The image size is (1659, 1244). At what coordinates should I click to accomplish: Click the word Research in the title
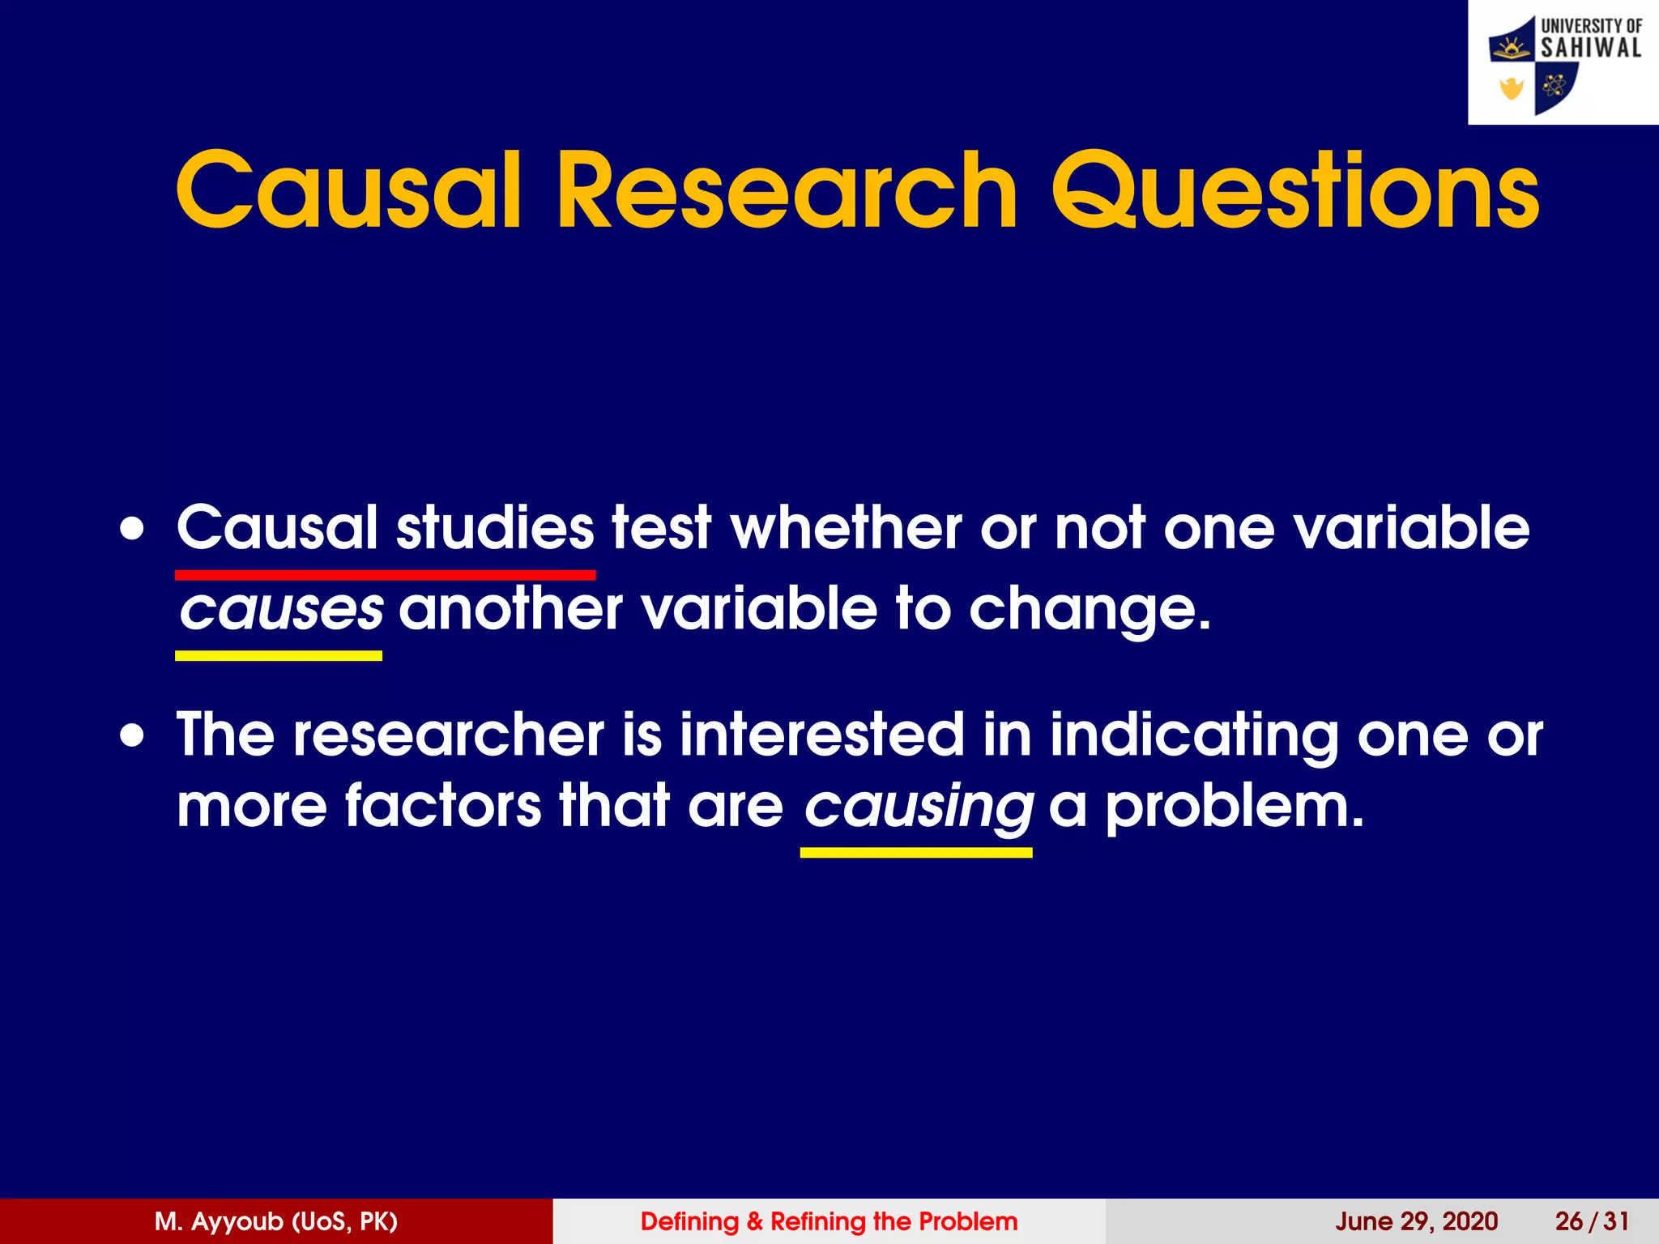786,193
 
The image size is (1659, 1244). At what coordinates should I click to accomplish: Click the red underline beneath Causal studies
385,575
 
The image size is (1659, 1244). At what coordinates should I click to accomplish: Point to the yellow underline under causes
279,655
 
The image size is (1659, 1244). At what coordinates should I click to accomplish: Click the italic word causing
918,807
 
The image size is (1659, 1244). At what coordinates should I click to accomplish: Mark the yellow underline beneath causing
915,852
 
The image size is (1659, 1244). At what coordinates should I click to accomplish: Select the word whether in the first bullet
846,528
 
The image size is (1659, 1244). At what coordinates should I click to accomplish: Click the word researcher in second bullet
448,735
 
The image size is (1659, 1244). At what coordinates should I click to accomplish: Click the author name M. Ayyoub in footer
275,1221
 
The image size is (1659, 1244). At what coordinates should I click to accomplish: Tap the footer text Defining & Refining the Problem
829,1221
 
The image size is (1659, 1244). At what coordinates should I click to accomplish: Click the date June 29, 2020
1416,1221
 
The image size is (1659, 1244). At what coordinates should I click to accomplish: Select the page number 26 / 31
1591,1221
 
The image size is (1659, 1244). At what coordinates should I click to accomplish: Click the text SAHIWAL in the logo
1590,48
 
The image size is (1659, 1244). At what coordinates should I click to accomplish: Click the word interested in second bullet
821,735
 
